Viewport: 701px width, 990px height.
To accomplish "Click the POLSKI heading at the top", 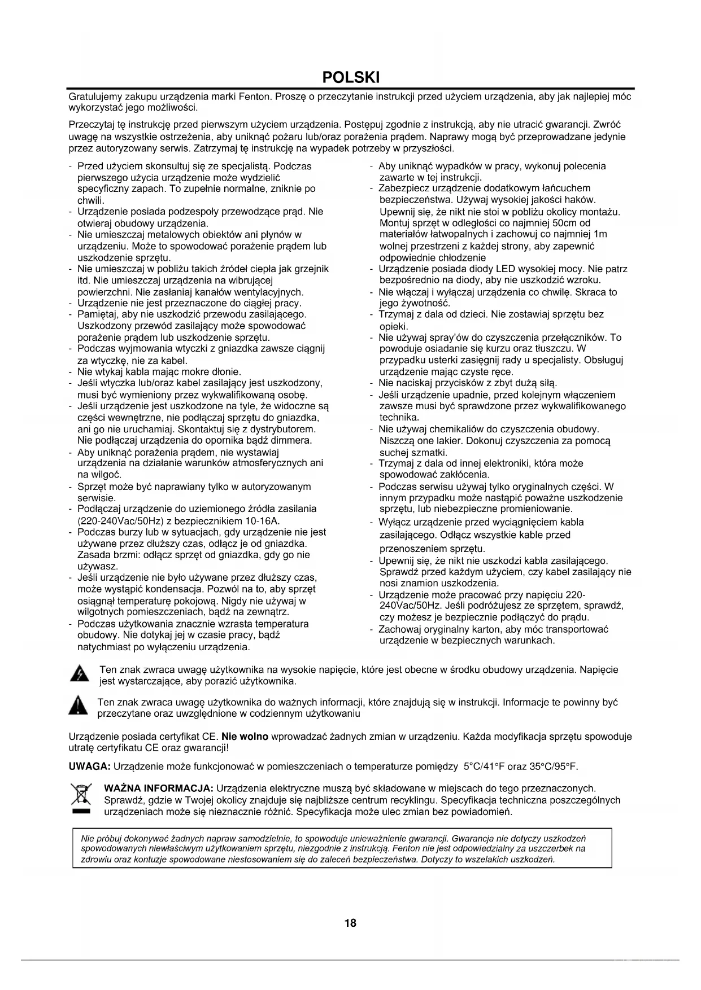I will tap(350, 77).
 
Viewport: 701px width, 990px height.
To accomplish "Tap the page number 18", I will tap(350, 923).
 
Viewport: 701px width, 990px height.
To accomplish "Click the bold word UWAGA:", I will tap(89, 766).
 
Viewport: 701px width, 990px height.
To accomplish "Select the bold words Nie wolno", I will tap(245, 737).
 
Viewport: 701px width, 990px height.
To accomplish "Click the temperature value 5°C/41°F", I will tap(484, 766).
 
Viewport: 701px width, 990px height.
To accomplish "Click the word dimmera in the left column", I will tap(293, 440).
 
